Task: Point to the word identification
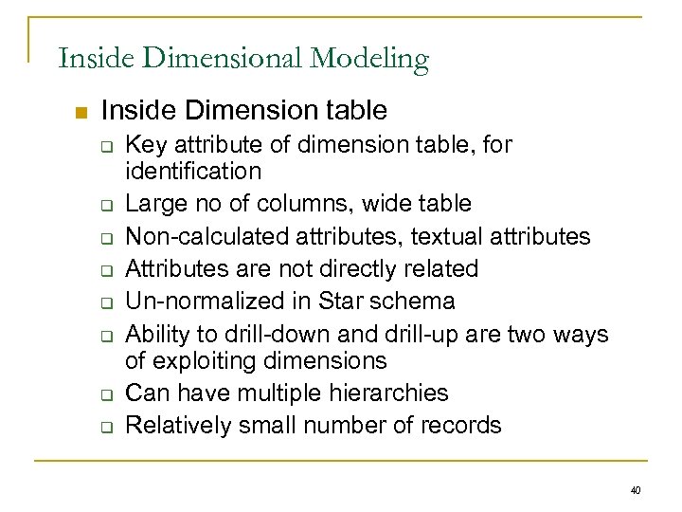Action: (x=193, y=172)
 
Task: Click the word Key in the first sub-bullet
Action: (x=145, y=145)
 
